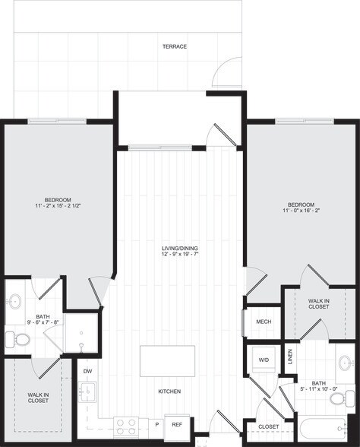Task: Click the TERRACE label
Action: (x=174, y=46)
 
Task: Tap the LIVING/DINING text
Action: (x=179, y=249)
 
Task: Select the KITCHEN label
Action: (x=169, y=392)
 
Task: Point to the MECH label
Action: (x=264, y=322)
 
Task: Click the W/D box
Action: (x=264, y=360)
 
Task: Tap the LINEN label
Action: (x=289, y=357)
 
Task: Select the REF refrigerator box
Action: (x=176, y=425)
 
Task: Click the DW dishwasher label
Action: (x=87, y=371)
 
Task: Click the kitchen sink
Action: (x=87, y=392)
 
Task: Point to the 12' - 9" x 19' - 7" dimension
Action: (x=179, y=255)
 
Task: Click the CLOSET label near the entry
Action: (x=269, y=427)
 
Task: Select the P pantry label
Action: (x=156, y=425)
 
